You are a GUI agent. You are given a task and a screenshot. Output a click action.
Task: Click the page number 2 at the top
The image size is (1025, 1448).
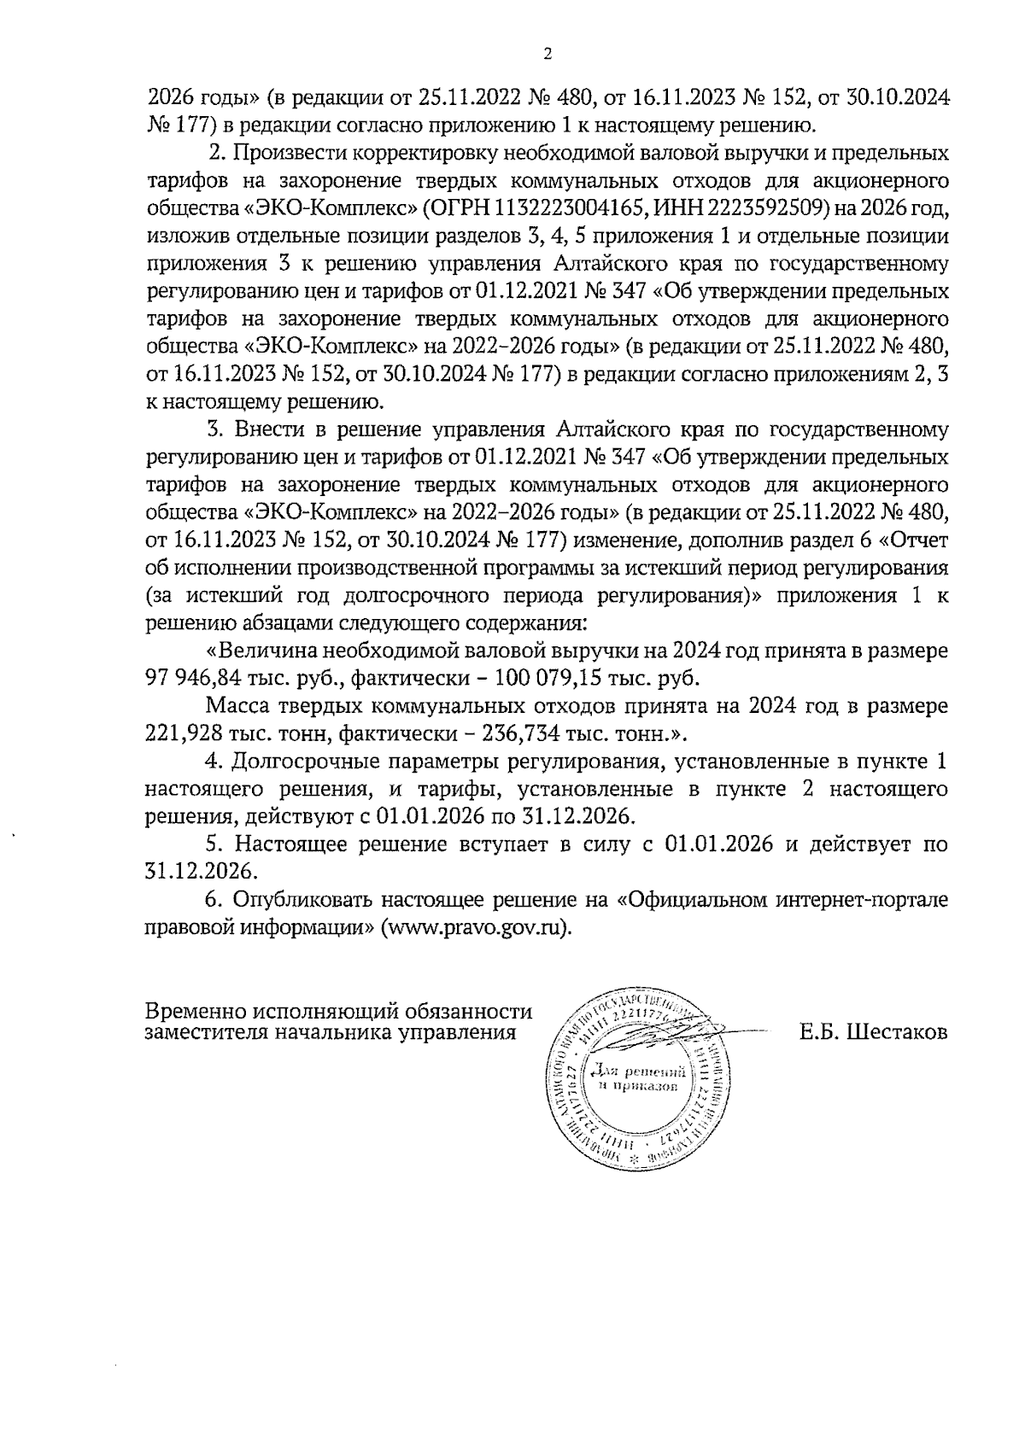pyautogui.click(x=548, y=54)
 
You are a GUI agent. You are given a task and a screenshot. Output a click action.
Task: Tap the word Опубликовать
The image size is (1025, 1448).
pyautogui.click(x=302, y=900)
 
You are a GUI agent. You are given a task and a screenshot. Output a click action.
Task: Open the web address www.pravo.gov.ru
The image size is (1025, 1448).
pyautogui.click(x=475, y=928)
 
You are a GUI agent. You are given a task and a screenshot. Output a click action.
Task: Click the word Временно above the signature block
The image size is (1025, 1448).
pyautogui.click(x=194, y=1012)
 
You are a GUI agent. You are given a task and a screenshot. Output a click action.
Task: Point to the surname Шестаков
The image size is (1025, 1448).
pyautogui.click(x=898, y=1032)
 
